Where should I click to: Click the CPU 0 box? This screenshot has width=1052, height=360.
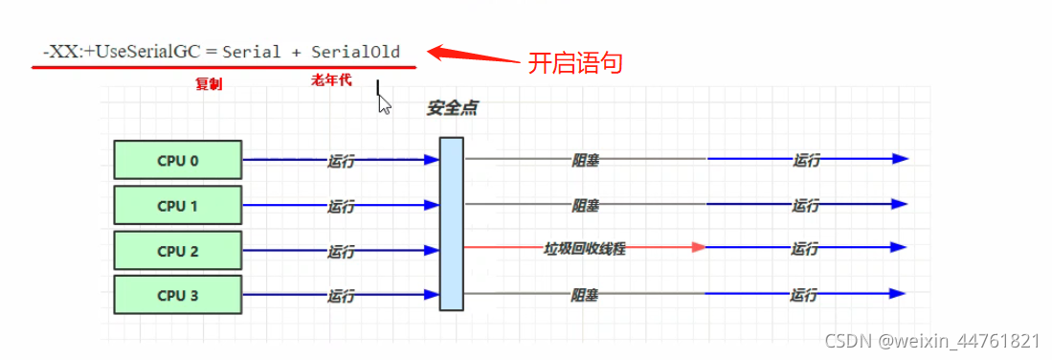(x=177, y=160)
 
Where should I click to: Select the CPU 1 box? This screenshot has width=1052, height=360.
(x=177, y=205)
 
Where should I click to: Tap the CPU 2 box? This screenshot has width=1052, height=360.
(x=177, y=251)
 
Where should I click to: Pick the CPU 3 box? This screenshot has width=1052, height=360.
(x=177, y=296)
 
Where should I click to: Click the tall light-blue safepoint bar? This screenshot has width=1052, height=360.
(x=452, y=223)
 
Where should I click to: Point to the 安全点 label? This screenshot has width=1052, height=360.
(x=452, y=109)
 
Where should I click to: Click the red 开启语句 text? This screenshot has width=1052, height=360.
(x=575, y=63)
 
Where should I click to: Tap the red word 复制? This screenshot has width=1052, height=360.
(x=209, y=84)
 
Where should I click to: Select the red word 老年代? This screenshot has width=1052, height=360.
(x=331, y=80)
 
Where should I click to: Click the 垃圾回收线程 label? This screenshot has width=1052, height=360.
(x=584, y=248)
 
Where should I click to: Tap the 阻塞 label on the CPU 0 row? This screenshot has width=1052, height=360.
(x=585, y=161)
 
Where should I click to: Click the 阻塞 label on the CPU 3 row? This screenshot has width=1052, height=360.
(x=585, y=296)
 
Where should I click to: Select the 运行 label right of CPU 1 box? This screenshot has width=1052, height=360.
(x=341, y=206)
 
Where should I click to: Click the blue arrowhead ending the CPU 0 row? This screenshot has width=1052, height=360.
(x=899, y=159)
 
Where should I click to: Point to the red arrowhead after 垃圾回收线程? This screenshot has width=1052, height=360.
(x=698, y=247)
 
